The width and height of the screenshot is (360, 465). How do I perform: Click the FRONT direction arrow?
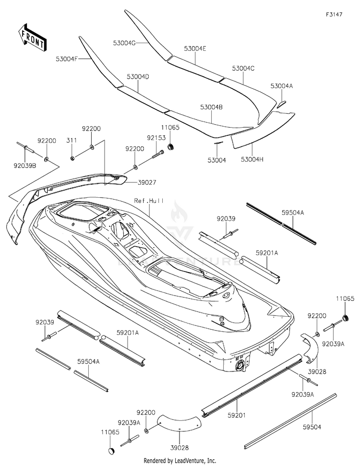[31, 37]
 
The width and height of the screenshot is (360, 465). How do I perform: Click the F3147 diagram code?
[334, 14]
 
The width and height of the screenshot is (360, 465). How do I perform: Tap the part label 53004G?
[124, 43]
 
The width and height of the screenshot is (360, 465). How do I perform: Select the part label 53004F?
[67, 59]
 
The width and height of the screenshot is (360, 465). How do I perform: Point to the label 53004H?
[252, 159]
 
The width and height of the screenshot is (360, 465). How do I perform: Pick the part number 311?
[72, 140]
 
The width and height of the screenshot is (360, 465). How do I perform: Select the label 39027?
[147, 182]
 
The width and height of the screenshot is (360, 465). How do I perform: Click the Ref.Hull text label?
[149, 201]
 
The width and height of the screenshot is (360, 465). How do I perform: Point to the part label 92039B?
[25, 166]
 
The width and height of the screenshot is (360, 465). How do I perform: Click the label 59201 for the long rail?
[237, 416]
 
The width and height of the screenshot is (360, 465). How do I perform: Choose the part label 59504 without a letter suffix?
[312, 427]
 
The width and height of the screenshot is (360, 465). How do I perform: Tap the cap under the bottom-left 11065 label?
[110, 451]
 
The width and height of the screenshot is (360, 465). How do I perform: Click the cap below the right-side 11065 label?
[345, 318]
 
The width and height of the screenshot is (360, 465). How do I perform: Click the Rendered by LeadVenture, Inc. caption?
[180, 461]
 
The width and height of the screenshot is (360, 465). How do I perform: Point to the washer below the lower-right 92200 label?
[317, 334]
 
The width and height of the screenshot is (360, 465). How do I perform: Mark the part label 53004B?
[211, 107]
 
